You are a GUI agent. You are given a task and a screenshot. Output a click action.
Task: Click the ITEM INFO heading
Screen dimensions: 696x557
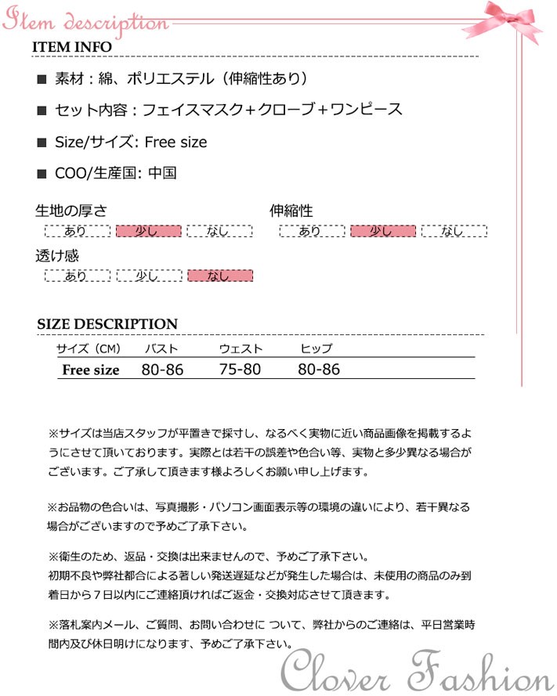[x=72, y=47]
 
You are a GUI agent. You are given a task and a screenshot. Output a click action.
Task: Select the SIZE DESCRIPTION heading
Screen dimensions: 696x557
[x=107, y=324]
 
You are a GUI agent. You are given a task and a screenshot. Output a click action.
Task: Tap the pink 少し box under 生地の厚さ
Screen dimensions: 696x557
[x=148, y=231]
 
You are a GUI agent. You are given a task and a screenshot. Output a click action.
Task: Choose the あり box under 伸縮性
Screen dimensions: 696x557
[x=311, y=231]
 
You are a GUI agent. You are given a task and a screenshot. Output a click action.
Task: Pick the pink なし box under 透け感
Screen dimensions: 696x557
[x=219, y=276]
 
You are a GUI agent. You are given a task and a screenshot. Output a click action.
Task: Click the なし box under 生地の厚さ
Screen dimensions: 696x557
[x=219, y=231]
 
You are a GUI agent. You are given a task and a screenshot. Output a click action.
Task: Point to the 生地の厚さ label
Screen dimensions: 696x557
[x=71, y=211]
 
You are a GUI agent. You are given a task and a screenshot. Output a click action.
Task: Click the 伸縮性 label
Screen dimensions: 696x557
[x=291, y=211]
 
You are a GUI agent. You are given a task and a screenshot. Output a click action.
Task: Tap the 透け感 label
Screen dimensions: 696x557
[x=57, y=256]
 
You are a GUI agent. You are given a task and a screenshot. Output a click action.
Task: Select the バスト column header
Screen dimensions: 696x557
[x=161, y=349]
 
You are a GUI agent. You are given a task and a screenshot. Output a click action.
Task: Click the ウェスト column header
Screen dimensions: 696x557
[x=241, y=349]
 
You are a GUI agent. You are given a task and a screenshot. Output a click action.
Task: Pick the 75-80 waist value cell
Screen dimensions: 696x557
[x=241, y=370]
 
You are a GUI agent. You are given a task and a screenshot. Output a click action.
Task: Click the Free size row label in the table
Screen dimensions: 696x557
[x=91, y=370]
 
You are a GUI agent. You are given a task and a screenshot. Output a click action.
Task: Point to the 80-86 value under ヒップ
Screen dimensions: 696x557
[x=319, y=370]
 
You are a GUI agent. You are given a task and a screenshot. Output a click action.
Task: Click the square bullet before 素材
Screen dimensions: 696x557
[x=42, y=79]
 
